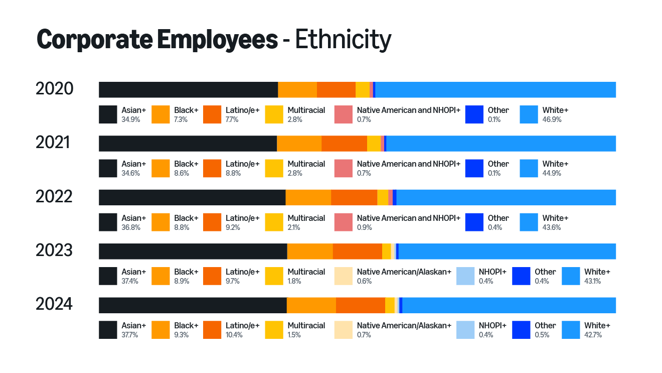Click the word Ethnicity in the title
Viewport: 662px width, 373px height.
click(343, 39)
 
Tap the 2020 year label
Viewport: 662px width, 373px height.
click(55, 89)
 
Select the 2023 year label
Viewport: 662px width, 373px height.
click(54, 250)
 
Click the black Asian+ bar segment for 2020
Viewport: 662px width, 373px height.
click(188, 89)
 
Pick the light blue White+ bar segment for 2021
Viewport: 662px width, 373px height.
click(501, 144)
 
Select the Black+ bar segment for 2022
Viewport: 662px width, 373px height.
click(308, 197)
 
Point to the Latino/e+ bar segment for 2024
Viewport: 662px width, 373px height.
click(360, 305)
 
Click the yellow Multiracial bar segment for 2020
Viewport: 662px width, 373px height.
click(362, 89)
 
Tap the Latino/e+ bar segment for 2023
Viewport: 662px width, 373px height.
click(357, 251)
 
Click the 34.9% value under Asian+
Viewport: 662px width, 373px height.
click(130, 119)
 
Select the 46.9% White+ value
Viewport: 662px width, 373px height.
click(552, 119)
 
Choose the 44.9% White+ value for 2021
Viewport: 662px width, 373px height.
click(552, 173)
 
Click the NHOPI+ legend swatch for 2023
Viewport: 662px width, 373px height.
click(465, 276)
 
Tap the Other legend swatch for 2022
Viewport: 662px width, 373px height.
click(474, 222)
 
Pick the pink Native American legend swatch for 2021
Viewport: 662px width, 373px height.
click(344, 168)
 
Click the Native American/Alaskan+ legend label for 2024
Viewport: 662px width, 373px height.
click(404, 325)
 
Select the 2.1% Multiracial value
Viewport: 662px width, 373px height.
click(294, 227)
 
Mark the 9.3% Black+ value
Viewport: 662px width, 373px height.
click(182, 335)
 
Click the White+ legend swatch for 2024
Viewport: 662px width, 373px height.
click(571, 330)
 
